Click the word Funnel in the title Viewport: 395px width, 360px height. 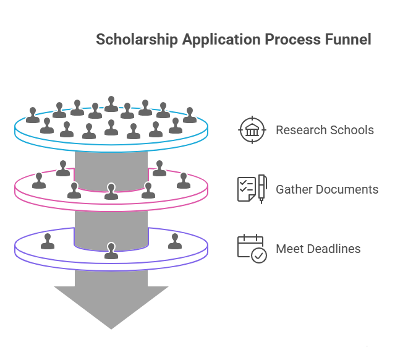click(x=347, y=40)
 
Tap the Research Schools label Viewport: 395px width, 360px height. click(x=324, y=130)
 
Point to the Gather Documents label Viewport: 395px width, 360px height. click(x=326, y=189)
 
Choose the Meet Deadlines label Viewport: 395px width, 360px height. click(x=318, y=249)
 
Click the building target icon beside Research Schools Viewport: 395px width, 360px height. click(x=252, y=130)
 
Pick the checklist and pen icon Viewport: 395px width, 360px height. click(x=252, y=189)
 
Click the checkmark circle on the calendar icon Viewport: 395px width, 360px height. click(x=260, y=255)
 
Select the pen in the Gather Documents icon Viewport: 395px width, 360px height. click(x=262, y=186)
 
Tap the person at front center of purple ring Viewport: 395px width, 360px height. click(x=111, y=251)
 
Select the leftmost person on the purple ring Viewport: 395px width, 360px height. click(x=48, y=242)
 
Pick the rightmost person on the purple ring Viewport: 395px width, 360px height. click(x=175, y=242)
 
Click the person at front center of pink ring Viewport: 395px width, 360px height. click(x=111, y=192)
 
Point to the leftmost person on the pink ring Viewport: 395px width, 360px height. click(x=39, y=181)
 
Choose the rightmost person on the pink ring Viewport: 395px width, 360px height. click(x=184, y=181)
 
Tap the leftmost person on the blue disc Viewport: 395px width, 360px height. click(x=33, y=115)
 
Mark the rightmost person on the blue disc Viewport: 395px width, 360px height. click(x=190, y=115)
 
